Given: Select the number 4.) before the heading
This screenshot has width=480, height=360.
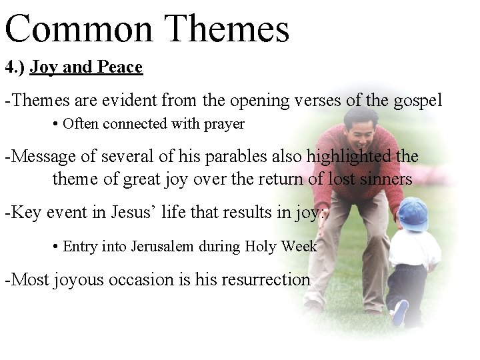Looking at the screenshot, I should tap(15, 67).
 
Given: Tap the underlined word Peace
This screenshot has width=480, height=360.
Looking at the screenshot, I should tap(119, 67).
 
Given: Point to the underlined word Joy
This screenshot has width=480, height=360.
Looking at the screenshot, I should tap(43, 67).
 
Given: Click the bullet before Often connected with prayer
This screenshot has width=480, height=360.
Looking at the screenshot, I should tap(55, 125).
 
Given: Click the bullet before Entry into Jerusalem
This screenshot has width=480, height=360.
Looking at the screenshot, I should tap(55, 247).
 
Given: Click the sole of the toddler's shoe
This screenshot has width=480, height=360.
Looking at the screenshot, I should tap(400, 312).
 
